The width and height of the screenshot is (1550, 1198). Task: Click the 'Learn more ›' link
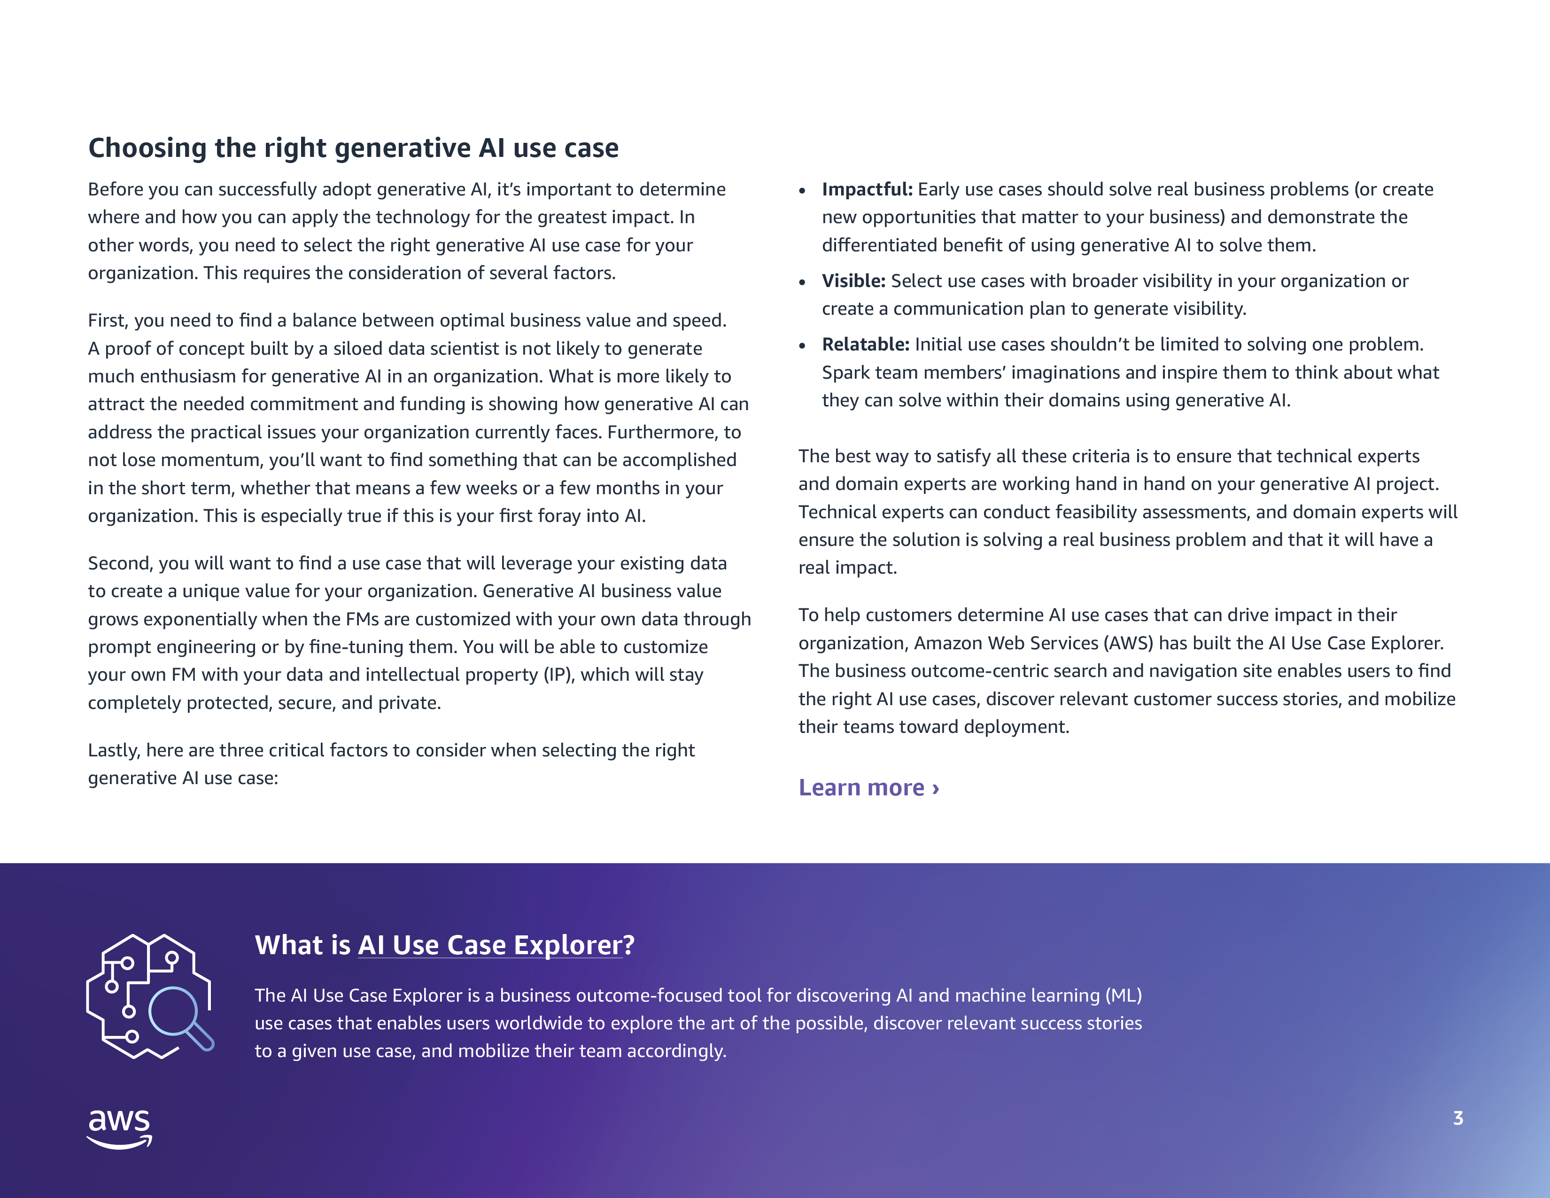pos(868,788)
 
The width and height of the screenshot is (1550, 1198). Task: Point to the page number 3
pos(1458,1119)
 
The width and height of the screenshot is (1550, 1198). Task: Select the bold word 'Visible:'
pos(853,281)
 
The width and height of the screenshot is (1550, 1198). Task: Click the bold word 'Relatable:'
pos(865,345)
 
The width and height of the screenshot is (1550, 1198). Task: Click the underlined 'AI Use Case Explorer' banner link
pos(490,945)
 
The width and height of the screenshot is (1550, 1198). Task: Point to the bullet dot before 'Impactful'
pos(802,191)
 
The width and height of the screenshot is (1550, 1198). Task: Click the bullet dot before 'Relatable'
pos(802,346)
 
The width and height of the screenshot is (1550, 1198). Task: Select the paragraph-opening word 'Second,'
pos(119,563)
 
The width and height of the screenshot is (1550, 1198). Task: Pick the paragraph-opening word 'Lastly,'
pos(114,750)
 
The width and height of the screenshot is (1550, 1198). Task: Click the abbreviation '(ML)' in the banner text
pos(1124,996)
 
